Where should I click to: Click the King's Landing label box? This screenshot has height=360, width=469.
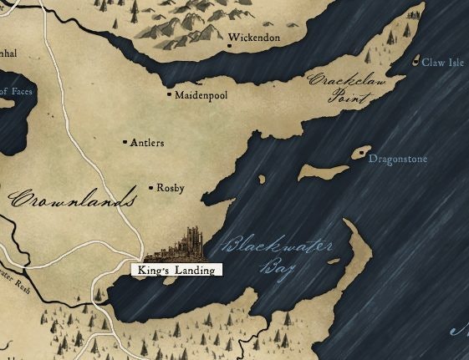pyautogui.click(x=176, y=270)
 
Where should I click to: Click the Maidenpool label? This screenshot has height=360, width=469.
pyautogui.click(x=201, y=95)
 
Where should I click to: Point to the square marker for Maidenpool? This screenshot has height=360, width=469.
pyautogui.click(x=170, y=94)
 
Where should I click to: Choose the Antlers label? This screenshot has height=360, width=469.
pyautogui.click(x=147, y=143)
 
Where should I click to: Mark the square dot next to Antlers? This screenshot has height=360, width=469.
pyautogui.click(x=125, y=143)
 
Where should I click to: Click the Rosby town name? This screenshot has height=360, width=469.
pyautogui.click(x=170, y=188)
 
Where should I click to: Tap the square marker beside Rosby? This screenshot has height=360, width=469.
pyautogui.click(x=150, y=188)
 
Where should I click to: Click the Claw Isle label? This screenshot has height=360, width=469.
pyautogui.click(x=443, y=62)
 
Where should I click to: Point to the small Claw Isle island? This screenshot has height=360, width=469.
pyautogui.click(x=417, y=60)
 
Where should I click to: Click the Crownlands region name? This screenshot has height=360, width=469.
pyautogui.click(x=74, y=200)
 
